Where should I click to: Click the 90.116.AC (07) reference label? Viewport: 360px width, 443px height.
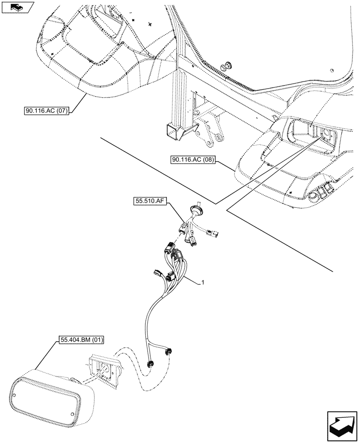click(x=47, y=111)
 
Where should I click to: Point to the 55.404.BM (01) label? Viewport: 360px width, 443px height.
click(x=80, y=341)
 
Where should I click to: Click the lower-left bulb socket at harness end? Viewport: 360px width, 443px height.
click(x=150, y=364)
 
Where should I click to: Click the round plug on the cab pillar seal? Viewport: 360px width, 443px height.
click(x=228, y=65)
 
